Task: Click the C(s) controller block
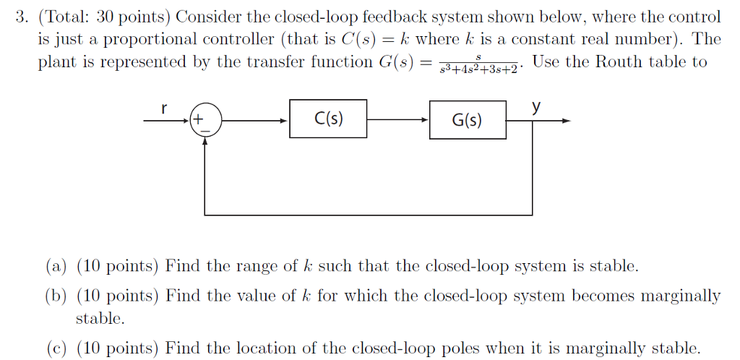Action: (328, 119)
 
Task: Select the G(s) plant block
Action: (468, 119)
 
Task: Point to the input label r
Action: (164, 108)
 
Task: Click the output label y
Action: (535, 107)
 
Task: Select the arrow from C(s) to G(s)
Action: (397, 121)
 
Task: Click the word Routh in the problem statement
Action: (620, 61)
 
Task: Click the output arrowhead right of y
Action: (567, 121)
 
